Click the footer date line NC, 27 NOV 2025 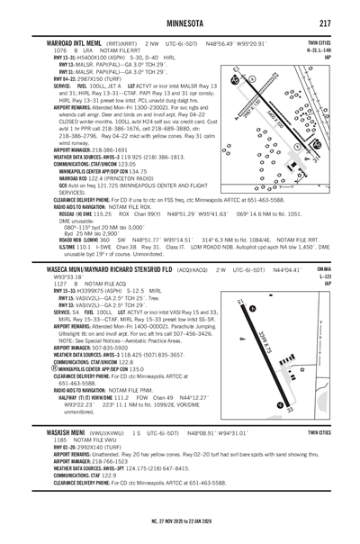tap(179, 522)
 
